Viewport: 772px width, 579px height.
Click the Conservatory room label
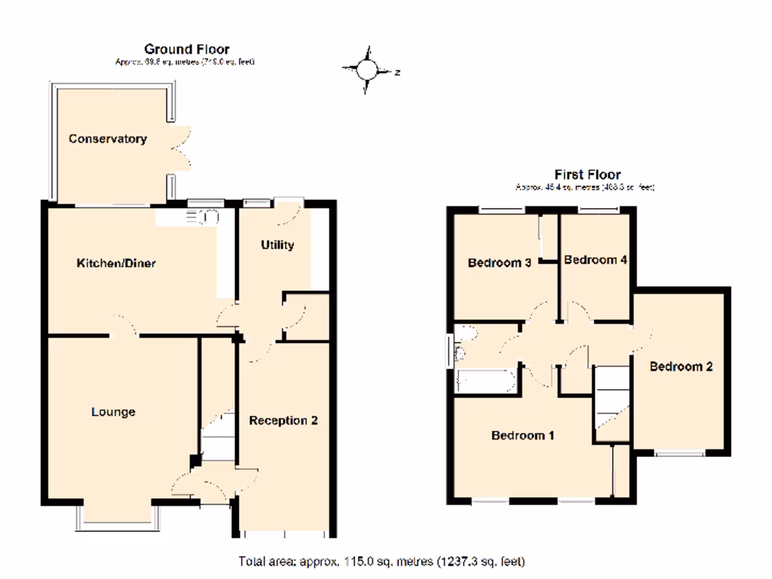click(x=107, y=139)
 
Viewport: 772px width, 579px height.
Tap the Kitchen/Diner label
click(x=116, y=263)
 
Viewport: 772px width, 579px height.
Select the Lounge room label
click(x=113, y=412)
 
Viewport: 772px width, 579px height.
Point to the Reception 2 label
click(x=283, y=420)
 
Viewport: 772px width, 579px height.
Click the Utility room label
click(x=277, y=245)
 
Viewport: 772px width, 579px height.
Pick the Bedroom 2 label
click(x=681, y=367)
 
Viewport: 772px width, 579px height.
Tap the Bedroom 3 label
click(x=500, y=263)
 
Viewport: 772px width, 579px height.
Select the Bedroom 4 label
click(x=596, y=260)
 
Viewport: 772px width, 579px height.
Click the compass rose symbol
click(x=366, y=71)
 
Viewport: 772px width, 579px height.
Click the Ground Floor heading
click(x=186, y=50)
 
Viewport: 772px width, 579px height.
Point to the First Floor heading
click(x=587, y=175)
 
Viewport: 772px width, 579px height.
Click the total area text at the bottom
click(x=381, y=562)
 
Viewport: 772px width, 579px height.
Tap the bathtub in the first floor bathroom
click(x=486, y=381)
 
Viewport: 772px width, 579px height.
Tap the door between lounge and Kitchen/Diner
click(x=125, y=330)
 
